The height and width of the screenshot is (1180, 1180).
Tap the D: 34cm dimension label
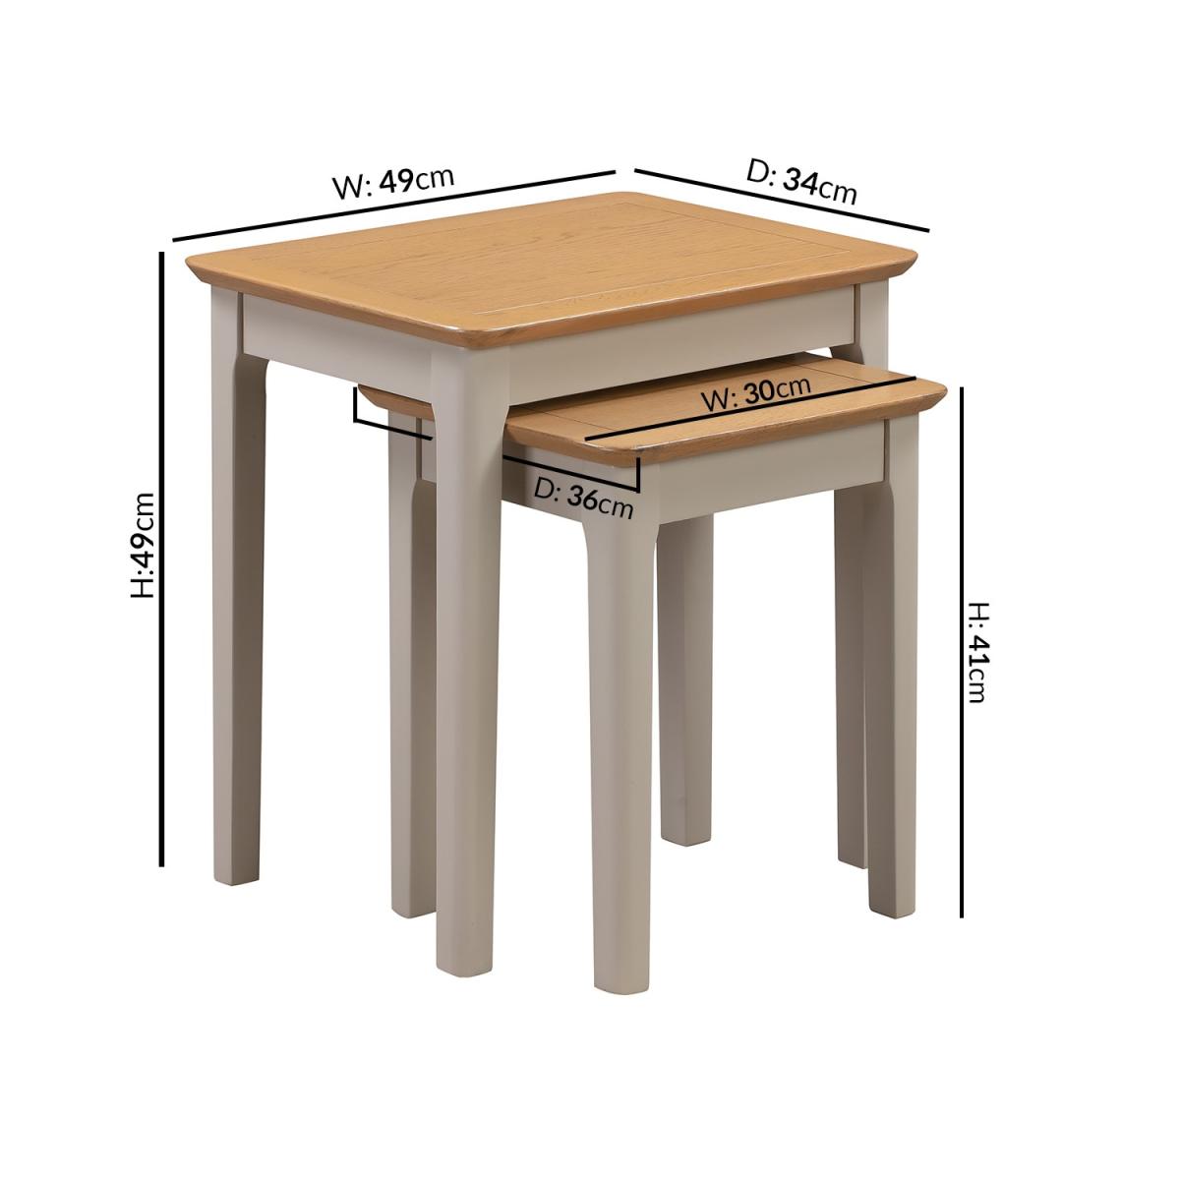(x=801, y=182)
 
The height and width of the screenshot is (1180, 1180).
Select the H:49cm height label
(x=145, y=545)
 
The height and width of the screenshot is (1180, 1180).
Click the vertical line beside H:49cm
(x=161, y=560)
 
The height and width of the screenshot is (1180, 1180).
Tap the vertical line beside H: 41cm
(x=962, y=652)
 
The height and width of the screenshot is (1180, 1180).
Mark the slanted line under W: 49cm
(x=393, y=206)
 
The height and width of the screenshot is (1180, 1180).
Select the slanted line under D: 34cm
(x=782, y=200)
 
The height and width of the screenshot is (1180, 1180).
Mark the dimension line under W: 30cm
(x=750, y=408)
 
